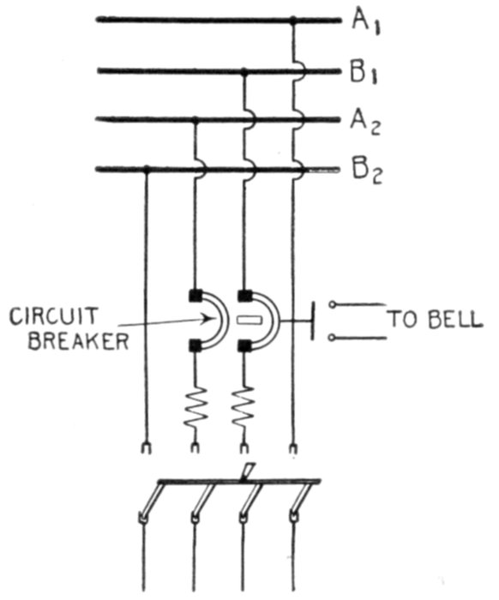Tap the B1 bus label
point(364,73)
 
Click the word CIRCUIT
point(53,317)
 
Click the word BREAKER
point(78,341)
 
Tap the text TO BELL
point(435,320)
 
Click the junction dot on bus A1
point(293,20)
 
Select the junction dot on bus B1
point(244,71)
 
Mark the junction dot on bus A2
point(195,121)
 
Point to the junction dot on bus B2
point(146,169)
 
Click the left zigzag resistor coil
point(195,407)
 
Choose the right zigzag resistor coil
point(243,407)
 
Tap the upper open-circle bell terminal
point(333,305)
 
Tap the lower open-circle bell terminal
point(333,338)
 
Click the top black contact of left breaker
point(195,295)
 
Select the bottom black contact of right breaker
point(243,346)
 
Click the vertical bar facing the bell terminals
point(313,321)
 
